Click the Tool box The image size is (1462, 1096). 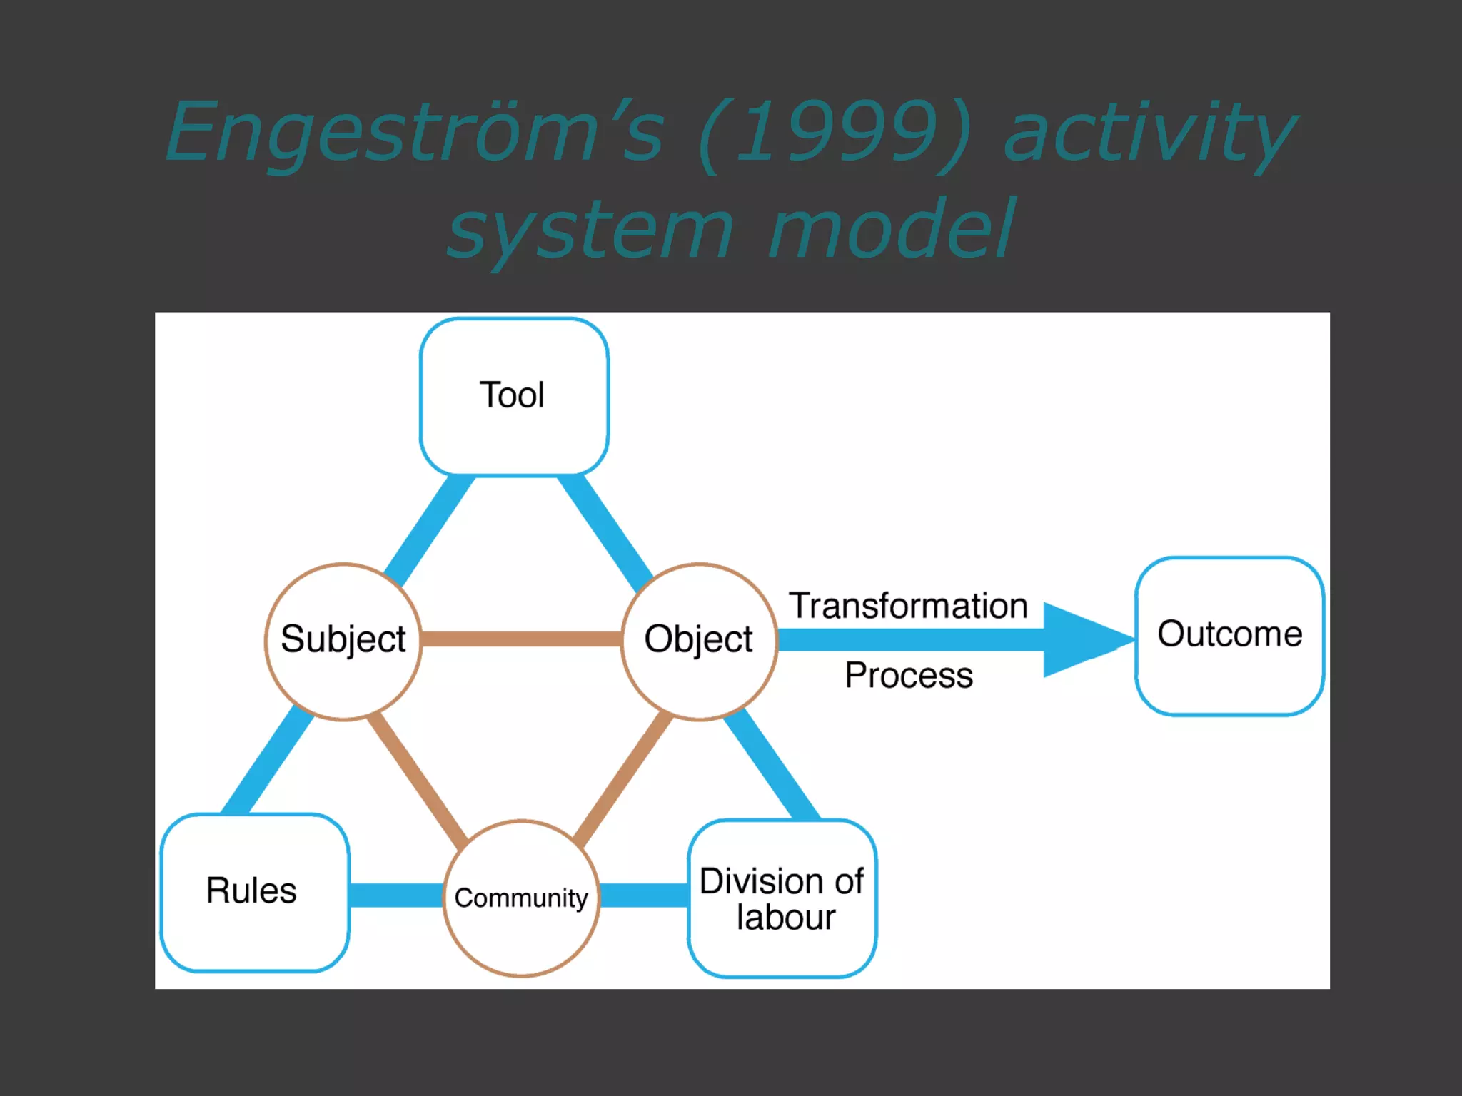tap(514, 397)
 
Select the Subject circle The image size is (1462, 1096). tap(343, 641)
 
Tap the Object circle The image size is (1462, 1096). tap(699, 641)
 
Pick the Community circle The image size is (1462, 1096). tap(521, 898)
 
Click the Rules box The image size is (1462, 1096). tap(254, 892)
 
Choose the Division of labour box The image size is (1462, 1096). tap(782, 899)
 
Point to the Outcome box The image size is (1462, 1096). tap(1229, 636)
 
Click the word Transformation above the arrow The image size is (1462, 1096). tap(908, 606)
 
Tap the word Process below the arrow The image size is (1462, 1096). tap(908, 675)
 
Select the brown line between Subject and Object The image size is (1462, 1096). tap(521, 639)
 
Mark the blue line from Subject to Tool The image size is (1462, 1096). tap(429, 529)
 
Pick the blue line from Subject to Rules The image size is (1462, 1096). tap(268, 761)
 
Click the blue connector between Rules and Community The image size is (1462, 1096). tap(396, 895)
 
